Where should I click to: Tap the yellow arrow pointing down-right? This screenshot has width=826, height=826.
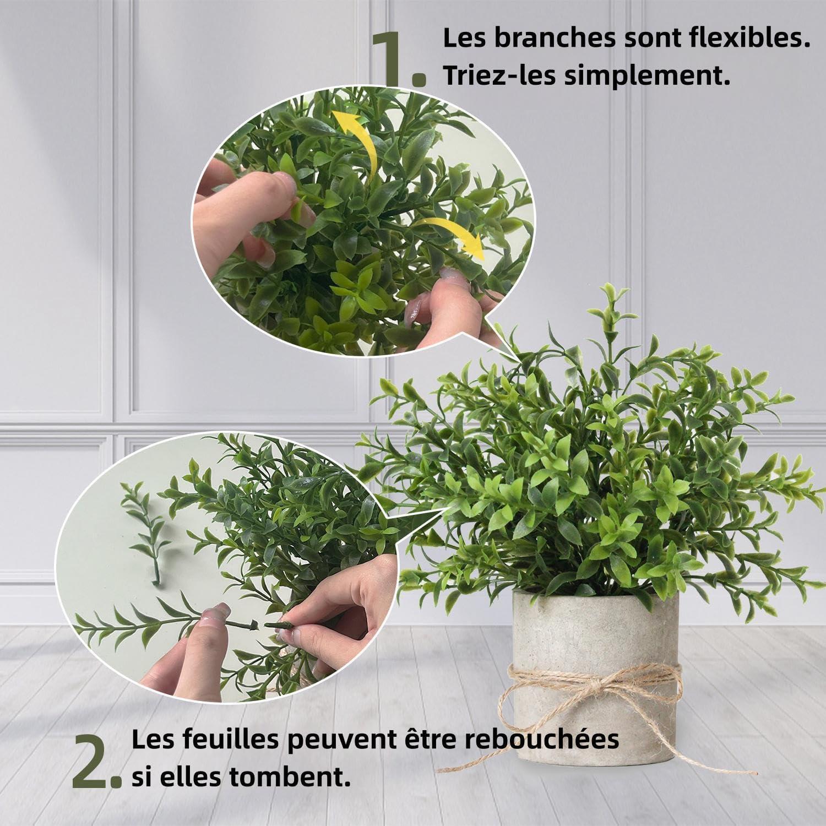point(449,234)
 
